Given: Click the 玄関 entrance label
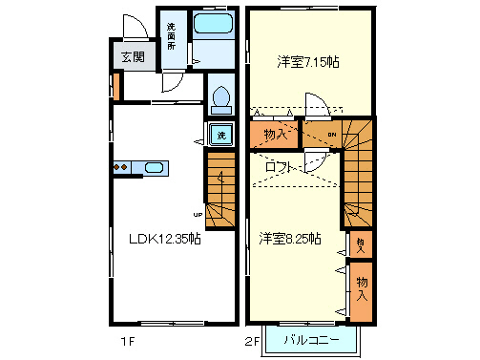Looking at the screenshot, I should pos(133,57).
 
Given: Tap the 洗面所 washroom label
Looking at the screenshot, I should pos(172,36).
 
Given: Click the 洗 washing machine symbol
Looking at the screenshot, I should pos(220,135).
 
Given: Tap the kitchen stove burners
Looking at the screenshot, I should pos(122,168).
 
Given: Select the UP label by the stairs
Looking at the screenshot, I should pos(198,214).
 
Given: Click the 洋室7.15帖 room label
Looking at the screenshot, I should pos(308,61).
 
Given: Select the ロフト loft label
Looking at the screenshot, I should pos(281,167).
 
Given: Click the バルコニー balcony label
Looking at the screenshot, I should pos(311,340).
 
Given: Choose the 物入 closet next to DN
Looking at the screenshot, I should pos(275,135).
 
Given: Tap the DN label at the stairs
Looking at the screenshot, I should pos(330,135).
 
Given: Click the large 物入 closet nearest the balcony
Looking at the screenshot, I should pos(362,287).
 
